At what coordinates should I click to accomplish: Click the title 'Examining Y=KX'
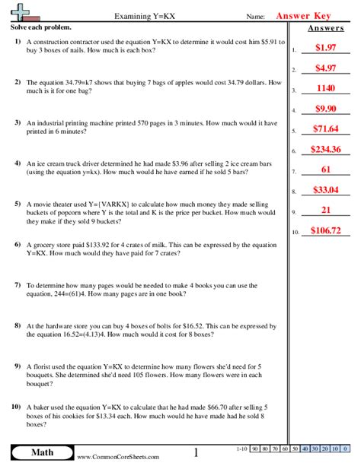pyautogui.click(x=143, y=15)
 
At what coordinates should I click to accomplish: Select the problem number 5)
pyautogui.click(x=17, y=204)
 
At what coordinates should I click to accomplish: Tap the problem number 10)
pyautogui.click(x=16, y=407)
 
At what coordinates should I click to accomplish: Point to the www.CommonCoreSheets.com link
pyautogui.click(x=118, y=457)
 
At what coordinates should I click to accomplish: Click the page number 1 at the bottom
pyautogui.click(x=196, y=453)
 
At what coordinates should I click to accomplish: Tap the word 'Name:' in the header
pyautogui.click(x=256, y=16)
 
